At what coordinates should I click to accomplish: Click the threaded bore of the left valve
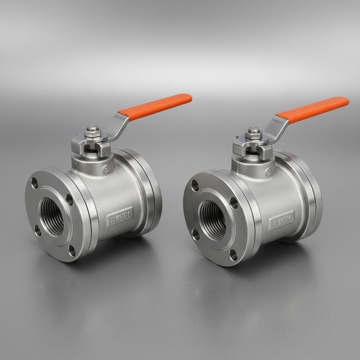[x=53, y=216]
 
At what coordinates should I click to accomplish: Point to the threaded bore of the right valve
[x=213, y=219]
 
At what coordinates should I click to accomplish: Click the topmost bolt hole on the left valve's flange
[x=34, y=183]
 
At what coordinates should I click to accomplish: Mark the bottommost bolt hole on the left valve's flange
[x=72, y=251]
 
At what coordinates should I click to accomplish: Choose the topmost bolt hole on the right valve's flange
[x=195, y=186]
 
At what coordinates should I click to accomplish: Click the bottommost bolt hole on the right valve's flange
[x=233, y=255]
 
